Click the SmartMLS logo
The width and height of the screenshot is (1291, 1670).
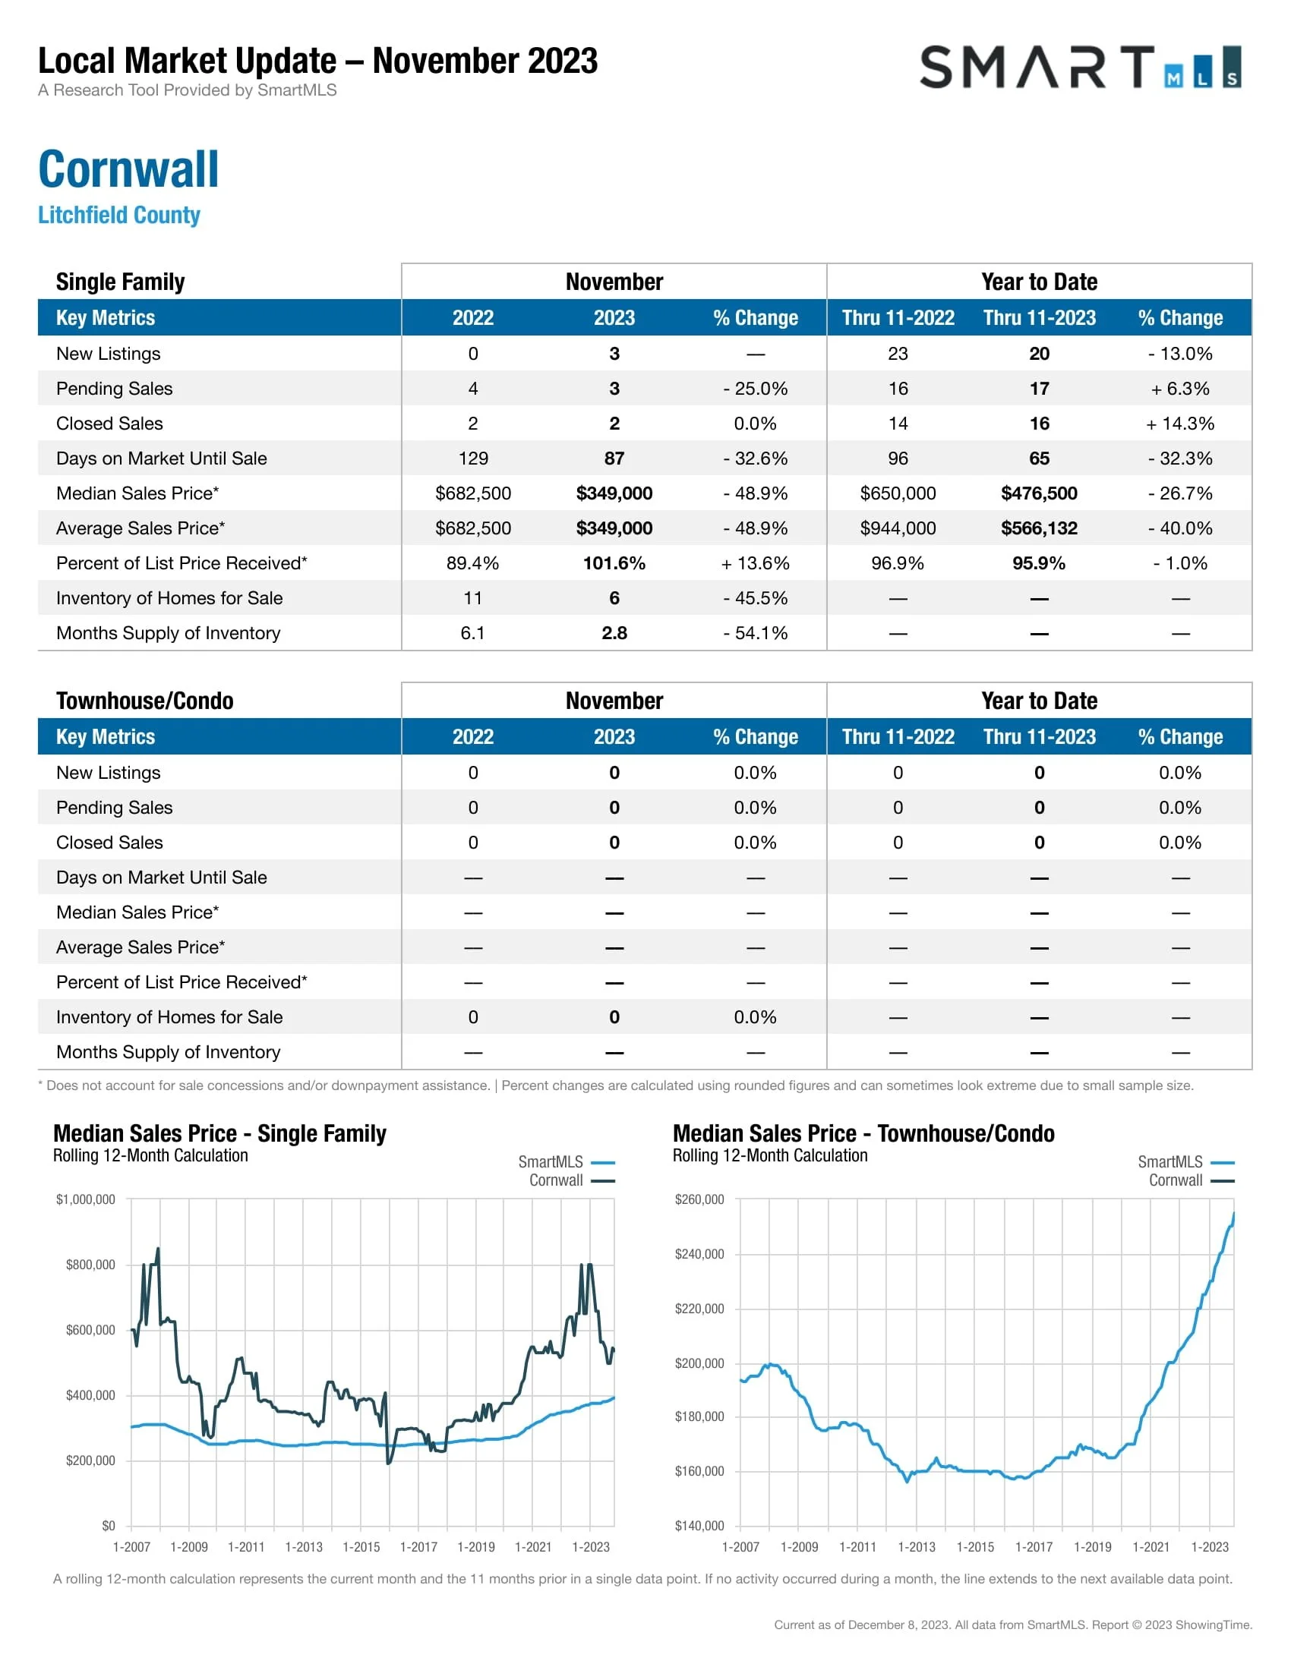point(1079,67)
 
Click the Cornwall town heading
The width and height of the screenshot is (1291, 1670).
point(128,169)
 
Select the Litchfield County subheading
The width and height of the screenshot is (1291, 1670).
point(119,215)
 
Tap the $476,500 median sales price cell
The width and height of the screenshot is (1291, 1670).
point(1039,493)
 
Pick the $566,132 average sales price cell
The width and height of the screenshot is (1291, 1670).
point(1039,528)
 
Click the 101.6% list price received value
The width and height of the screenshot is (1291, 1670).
point(614,563)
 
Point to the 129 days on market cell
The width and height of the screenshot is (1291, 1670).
point(472,458)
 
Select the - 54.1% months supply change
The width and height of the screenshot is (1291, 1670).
point(755,633)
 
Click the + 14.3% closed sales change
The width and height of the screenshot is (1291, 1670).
point(1179,424)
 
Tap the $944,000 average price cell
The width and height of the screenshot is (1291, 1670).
point(897,528)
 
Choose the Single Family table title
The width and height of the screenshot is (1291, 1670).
point(120,282)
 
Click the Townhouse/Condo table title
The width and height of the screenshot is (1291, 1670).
point(144,701)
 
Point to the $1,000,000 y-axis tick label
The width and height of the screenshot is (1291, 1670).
point(86,1199)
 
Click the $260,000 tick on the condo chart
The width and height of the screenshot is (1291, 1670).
point(699,1199)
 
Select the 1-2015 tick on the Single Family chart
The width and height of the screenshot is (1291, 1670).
point(361,1547)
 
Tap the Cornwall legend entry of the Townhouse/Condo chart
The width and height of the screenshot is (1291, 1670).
point(1176,1180)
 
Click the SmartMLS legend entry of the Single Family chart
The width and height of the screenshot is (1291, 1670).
point(551,1162)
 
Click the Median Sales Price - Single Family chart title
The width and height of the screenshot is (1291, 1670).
point(219,1133)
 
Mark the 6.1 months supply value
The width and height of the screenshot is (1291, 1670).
point(472,633)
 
